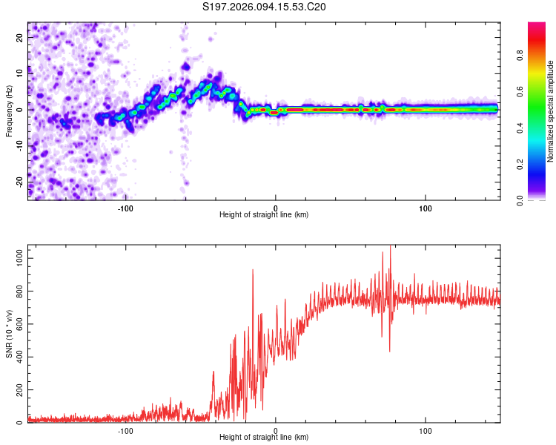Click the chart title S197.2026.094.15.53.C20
[265, 7]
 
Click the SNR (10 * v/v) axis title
[9, 334]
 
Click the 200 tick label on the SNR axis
[17, 390]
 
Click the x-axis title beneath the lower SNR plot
[264, 438]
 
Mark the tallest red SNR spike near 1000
[390, 248]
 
